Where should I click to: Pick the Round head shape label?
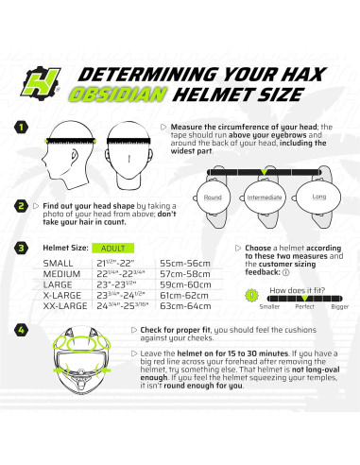(x=214, y=198)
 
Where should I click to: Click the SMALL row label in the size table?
(x=59, y=261)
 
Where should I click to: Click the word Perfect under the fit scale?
(x=304, y=307)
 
